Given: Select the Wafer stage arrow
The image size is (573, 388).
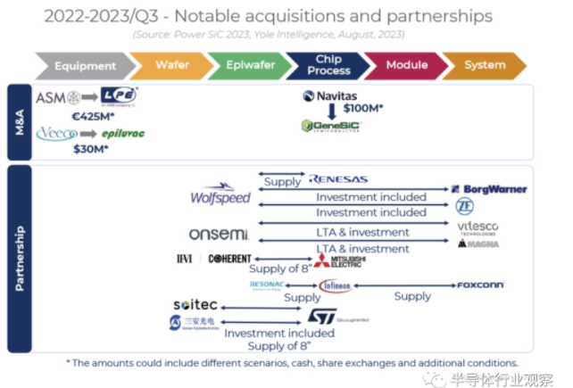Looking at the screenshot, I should (172, 66).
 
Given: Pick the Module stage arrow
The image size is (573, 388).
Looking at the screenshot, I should (406, 66).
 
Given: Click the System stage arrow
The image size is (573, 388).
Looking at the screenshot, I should (485, 66).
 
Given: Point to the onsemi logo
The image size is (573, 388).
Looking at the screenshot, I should (218, 234).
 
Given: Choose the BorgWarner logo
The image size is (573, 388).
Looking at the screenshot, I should (488, 189).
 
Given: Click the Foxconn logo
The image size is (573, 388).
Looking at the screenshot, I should (480, 285).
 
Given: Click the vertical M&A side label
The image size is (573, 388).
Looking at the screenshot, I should (19, 121).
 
